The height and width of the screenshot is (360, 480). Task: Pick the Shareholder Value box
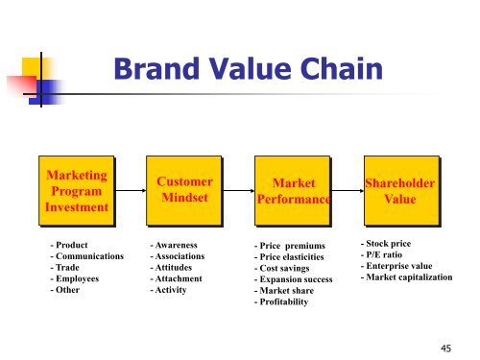pos(400,190)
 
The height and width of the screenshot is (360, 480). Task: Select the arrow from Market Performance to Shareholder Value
pos(347,190)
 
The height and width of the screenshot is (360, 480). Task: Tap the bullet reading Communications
pos(87,256)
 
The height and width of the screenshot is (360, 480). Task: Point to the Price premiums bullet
pos(293,247)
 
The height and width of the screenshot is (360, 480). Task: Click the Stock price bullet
pos(388,244)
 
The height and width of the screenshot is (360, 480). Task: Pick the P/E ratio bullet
pos(384,255)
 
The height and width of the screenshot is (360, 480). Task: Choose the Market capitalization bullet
pos(413,278)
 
